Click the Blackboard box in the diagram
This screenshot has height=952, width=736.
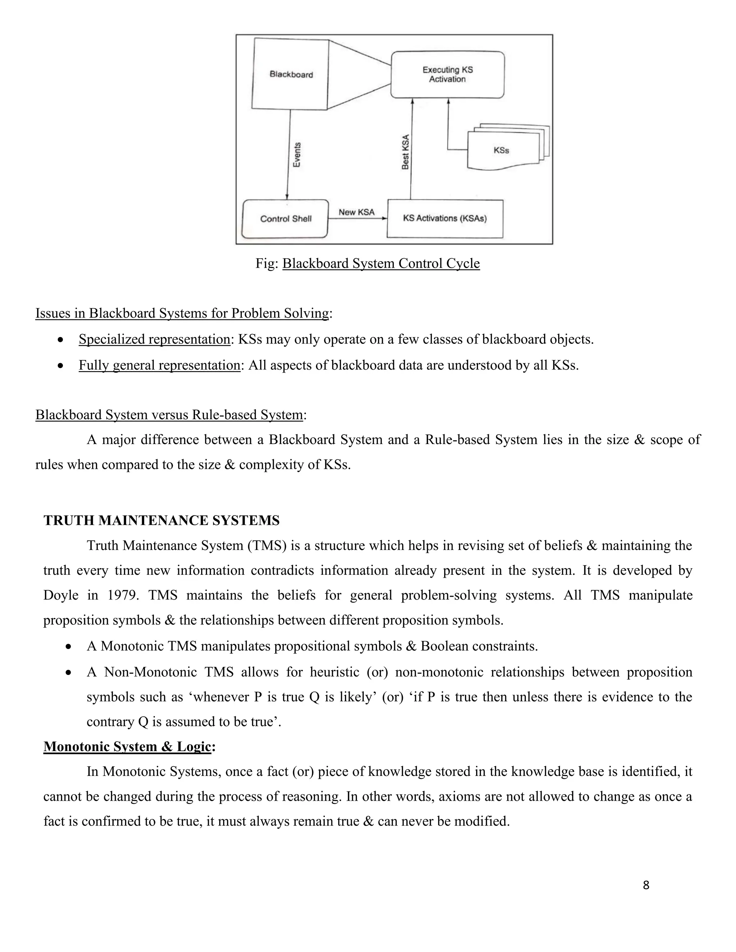tap(291, 74)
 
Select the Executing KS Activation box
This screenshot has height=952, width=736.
tap(447, 74)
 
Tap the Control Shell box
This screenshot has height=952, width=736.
tap(286, 219)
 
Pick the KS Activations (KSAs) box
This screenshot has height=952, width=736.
tap(445, 218)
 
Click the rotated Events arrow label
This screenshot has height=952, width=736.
tap(297, 155)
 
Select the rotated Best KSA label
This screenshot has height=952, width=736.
tap(405, 152)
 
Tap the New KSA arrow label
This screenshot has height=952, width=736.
tap(356, 212)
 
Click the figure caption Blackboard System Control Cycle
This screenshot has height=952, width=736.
tap(381, 264)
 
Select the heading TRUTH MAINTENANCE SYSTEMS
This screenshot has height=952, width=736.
tap(161, 521)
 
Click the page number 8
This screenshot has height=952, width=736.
tap(646, 885)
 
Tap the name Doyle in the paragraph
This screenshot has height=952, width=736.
tap(61, 595)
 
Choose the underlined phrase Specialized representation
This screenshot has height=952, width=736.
tap(154, 339)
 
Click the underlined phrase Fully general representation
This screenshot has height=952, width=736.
tap(159, 365)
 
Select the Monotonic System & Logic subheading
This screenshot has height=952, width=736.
tap(127, 747)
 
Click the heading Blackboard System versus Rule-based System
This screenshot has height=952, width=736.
tap(169, 415)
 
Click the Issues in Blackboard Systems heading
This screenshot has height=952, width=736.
tap(182, 313)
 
